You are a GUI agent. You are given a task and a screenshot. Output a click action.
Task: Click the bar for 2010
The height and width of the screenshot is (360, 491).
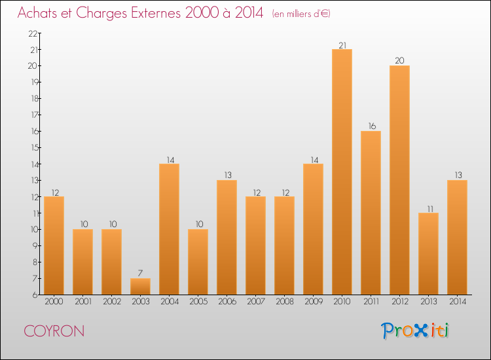[x=342, y=171]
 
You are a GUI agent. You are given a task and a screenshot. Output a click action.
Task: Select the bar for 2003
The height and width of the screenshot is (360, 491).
[x=140, y=286]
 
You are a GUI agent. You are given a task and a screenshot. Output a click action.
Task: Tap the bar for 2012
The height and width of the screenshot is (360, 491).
[x=399, y=180]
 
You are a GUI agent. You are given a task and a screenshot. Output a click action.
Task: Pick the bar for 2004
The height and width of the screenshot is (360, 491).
[x=169, y=229]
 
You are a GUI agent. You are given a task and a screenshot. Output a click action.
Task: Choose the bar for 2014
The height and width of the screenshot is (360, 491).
[x=457, y=237]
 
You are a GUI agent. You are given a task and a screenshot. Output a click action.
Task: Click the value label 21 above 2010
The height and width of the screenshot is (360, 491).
[x=342, y=45]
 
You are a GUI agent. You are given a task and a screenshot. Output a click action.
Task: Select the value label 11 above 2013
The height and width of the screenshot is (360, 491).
[x=428, y=209]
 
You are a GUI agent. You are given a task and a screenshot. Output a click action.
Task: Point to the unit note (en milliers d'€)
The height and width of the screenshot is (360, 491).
[x=301, y=14]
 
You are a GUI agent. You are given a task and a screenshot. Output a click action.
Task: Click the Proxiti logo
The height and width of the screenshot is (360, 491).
[x=415, y=331]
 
